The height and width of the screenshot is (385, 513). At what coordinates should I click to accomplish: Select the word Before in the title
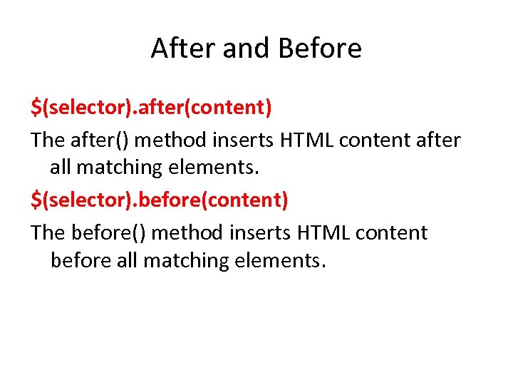click(320, 49)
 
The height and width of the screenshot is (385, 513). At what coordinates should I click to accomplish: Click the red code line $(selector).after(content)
click(151, 108)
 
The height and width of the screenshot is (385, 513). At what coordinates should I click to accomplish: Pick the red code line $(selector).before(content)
click(160, 200)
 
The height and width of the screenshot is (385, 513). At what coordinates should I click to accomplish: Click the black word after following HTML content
click(438, 140)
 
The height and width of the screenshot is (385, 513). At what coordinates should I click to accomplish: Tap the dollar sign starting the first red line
click(36, 108)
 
